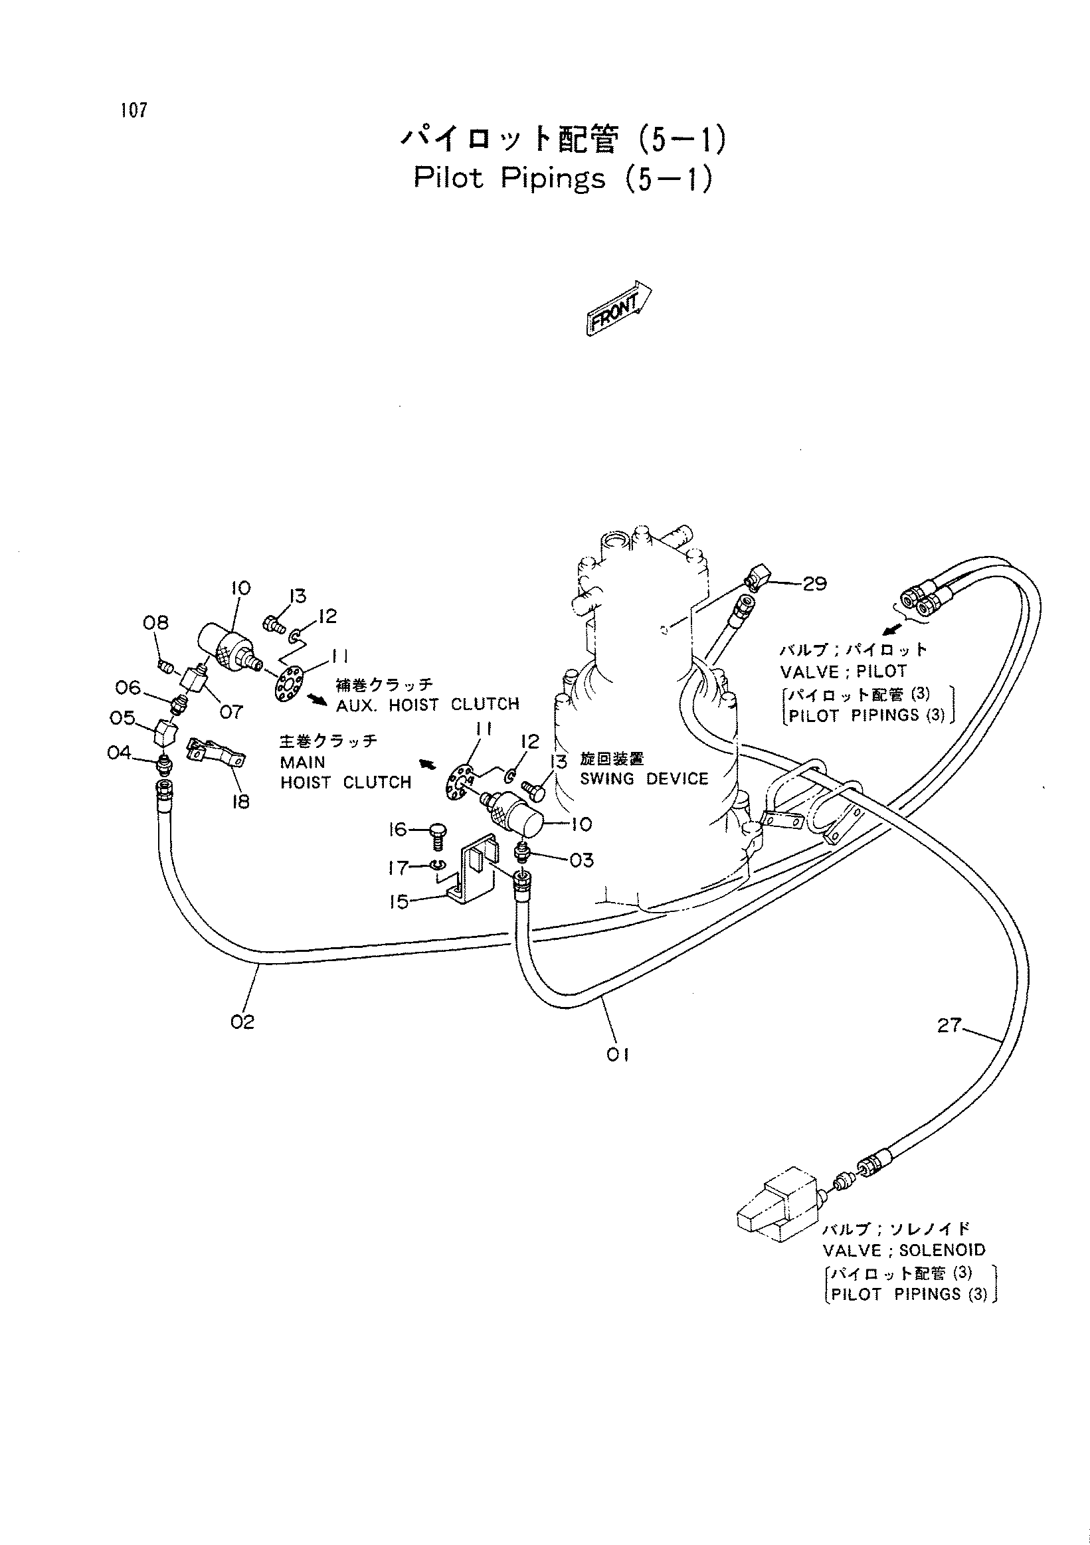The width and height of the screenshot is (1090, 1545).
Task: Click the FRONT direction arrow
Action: click(x=618, y=308)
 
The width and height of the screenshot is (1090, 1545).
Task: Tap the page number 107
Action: click(x=134, y=110)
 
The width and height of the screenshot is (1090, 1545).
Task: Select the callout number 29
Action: click(x=815, y=583)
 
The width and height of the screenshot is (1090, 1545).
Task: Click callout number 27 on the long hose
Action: click(x=949, y=1026)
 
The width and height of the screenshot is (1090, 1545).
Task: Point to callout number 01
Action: click(x=618, y=1055)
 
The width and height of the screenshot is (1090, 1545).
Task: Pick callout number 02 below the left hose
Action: click(x=242, y=1022)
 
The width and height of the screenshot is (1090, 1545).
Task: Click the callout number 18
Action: click(x=240, y=802)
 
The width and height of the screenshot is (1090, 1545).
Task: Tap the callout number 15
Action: click(x=399, y=902)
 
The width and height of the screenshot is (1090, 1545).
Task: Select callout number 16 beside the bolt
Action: click(x=399, y=830)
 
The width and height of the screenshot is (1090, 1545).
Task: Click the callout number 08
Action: click(x=155, y=622)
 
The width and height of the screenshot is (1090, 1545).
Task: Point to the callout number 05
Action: click(x=122, y=718)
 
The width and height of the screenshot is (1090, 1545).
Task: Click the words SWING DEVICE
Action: click(x=644, y=778)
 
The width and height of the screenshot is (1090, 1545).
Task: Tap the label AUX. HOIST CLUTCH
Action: click(x=428, y=704)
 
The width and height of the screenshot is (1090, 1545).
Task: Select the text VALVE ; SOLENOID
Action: click(x=903, y=1250)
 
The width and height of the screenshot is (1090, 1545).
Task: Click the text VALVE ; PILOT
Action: click(x=844, y=671)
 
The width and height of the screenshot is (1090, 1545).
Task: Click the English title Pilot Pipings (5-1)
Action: click(x=563, y=178)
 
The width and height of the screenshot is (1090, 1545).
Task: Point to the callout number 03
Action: click(x=581, y=860)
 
